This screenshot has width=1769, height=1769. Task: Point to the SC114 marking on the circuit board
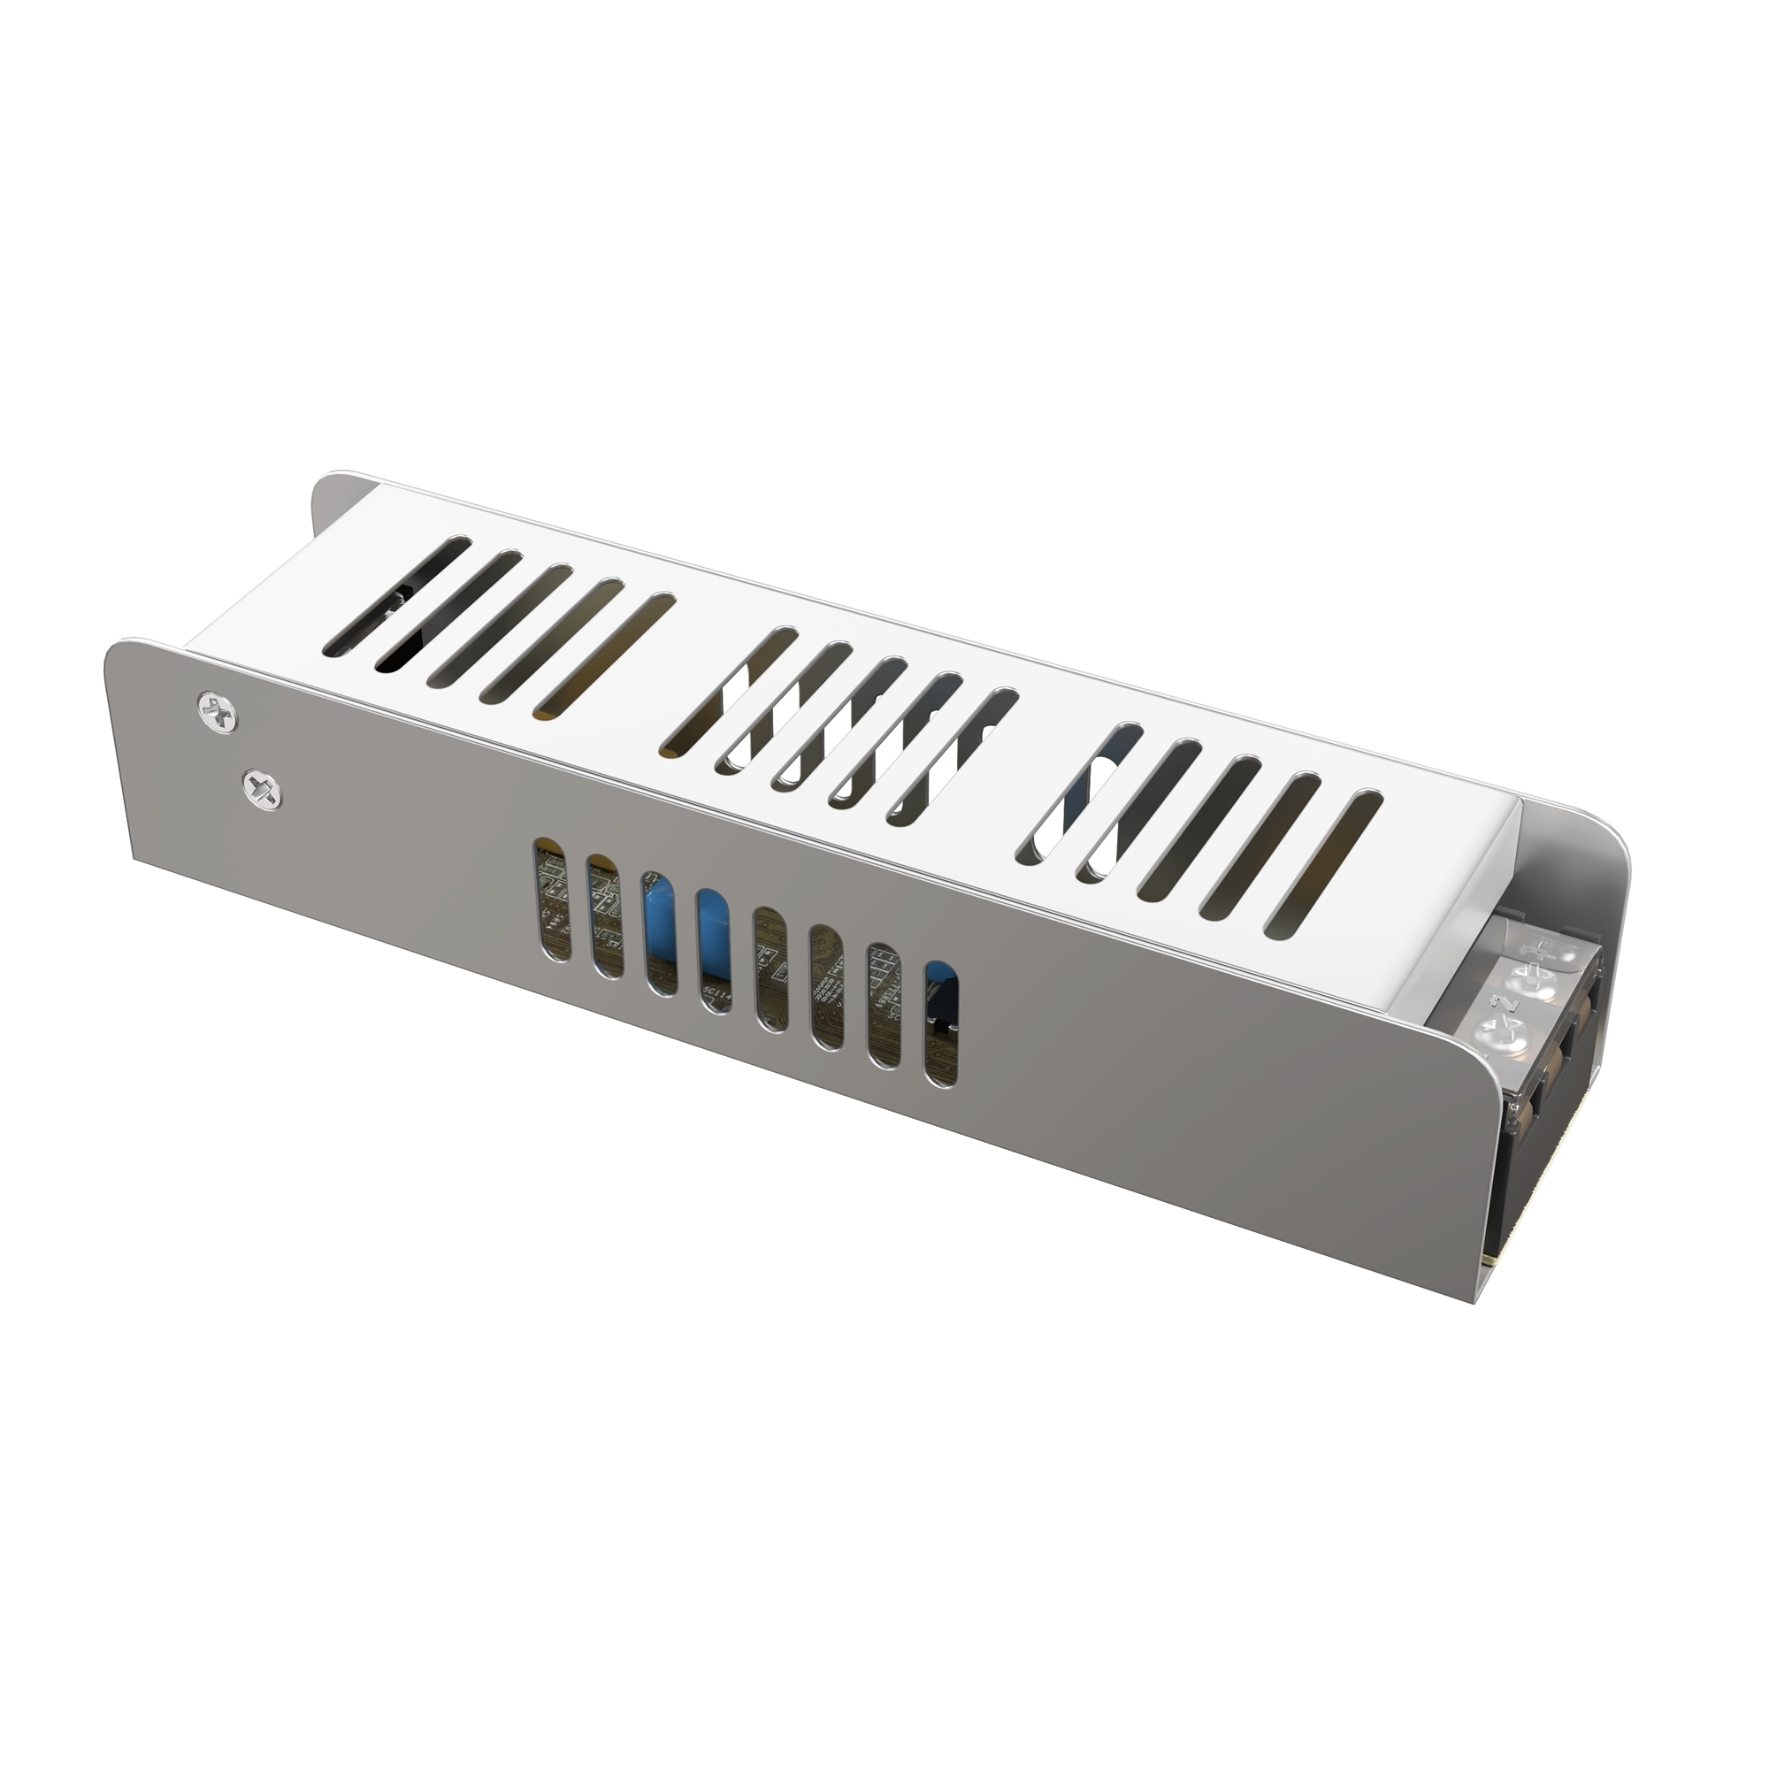[715, 993]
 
